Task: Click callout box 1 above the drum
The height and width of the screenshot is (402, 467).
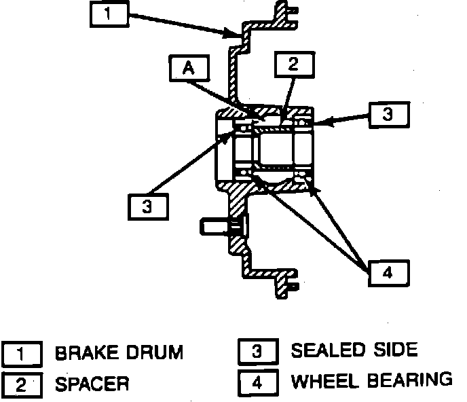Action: point(111,14)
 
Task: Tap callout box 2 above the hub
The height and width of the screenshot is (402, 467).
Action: point(293,65)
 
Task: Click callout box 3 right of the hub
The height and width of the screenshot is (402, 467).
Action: point(388,115)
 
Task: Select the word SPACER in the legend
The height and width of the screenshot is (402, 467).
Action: point(92,384)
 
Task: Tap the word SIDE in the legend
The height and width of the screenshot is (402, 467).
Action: point(395,351)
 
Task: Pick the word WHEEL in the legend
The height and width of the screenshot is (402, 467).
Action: point(321,381)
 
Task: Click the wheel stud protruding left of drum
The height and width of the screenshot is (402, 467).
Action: point(217,226)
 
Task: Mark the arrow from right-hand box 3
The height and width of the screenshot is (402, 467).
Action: point(342,120)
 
